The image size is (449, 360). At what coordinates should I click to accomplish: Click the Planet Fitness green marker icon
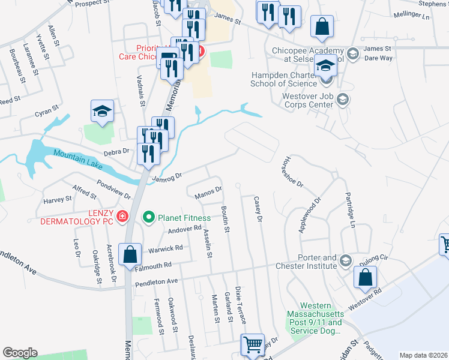pyautogui.click(x=148, y=217)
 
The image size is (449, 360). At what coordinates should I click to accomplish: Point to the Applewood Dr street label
pyautogui.click(x=310, y=215)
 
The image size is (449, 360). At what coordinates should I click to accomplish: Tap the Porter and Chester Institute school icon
pyautogui.click(x=345, y=260)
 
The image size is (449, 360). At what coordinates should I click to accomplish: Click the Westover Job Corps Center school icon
pyautogui.click(x=343, y=99)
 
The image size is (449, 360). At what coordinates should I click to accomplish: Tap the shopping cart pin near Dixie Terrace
pyautogui.click(x=253, y=344)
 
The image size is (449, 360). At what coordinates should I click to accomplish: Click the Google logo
pyautogui.click(x=20, y=353)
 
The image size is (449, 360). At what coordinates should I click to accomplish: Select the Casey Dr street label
pyautogui.click(x=259, y=210)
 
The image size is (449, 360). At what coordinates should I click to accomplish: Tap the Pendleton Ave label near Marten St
pyautogui.click(x=157, y=281)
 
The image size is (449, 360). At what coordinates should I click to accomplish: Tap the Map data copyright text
pyautogui.click(x=424, y=355)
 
